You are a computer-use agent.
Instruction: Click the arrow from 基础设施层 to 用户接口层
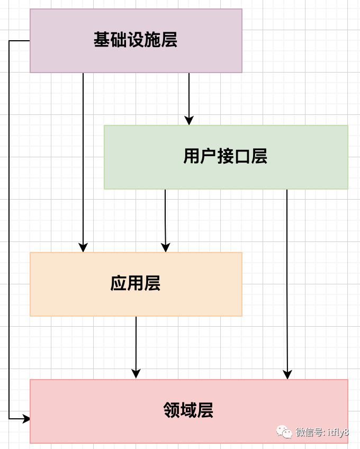189,95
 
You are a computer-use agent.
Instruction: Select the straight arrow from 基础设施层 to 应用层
83,159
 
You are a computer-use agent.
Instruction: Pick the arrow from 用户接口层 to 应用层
165,217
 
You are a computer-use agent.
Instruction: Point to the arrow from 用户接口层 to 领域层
287,281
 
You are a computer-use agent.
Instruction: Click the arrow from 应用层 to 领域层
136,344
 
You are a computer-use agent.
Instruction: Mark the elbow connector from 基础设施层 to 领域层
9,228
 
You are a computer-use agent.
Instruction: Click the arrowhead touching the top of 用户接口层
189,120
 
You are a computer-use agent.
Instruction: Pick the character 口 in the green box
242,157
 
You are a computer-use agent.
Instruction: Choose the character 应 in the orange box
119,284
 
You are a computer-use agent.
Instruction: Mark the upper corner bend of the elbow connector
10,41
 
